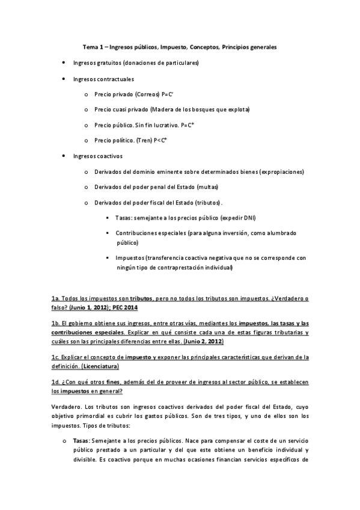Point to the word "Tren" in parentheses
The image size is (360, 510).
(x=144, y=140)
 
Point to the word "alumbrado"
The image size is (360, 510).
(x=282, y=233)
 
